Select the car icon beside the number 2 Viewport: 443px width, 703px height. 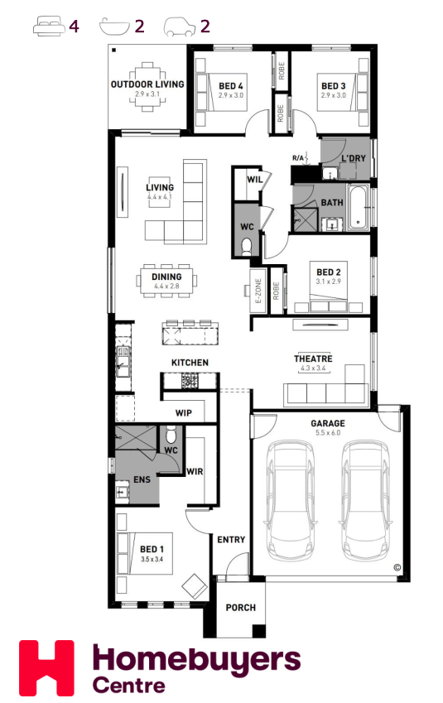tap(180, 26)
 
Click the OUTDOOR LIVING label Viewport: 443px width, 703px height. tap(147, 84)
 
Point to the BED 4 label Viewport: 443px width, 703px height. tap(231, 85)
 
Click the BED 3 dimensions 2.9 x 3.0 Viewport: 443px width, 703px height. tap(333, 95)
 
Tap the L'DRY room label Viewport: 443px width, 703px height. tap(354, 158)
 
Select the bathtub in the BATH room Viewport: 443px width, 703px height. tap(359, 208)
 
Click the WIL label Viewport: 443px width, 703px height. tap(255, 180)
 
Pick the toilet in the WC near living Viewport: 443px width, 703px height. tap(246, 247)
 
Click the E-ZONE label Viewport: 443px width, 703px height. tap(258, 291)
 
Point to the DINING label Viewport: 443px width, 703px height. tap(166, 277)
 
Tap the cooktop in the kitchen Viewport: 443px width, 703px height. tap(190, 381)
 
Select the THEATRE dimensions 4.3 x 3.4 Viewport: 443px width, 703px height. tap(313, 368)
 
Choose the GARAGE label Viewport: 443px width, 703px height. tap(328, 423)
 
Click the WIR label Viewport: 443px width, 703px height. tap(195, 472)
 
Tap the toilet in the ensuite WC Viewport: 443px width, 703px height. tap(171, 436)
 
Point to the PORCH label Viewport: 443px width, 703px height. tap(241, 608)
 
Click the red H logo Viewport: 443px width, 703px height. tap(46, 668)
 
